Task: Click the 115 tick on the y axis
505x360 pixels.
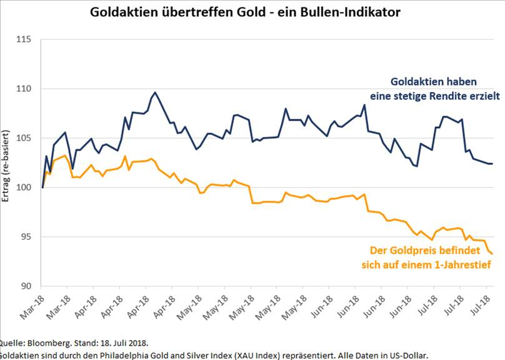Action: tap(24, 39)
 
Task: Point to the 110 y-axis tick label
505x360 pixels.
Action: tap(24, 89)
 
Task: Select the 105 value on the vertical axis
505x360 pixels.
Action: tap(24, 138)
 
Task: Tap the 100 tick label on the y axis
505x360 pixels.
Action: tap(24, 187)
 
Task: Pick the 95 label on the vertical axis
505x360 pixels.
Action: tap(26, 237)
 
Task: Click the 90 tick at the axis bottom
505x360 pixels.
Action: tap(26, 286)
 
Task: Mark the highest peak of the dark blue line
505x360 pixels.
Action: tap(155, 92)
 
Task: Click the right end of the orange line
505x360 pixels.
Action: tap(492, 254)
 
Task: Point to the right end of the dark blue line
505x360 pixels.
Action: tap(492, 164)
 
